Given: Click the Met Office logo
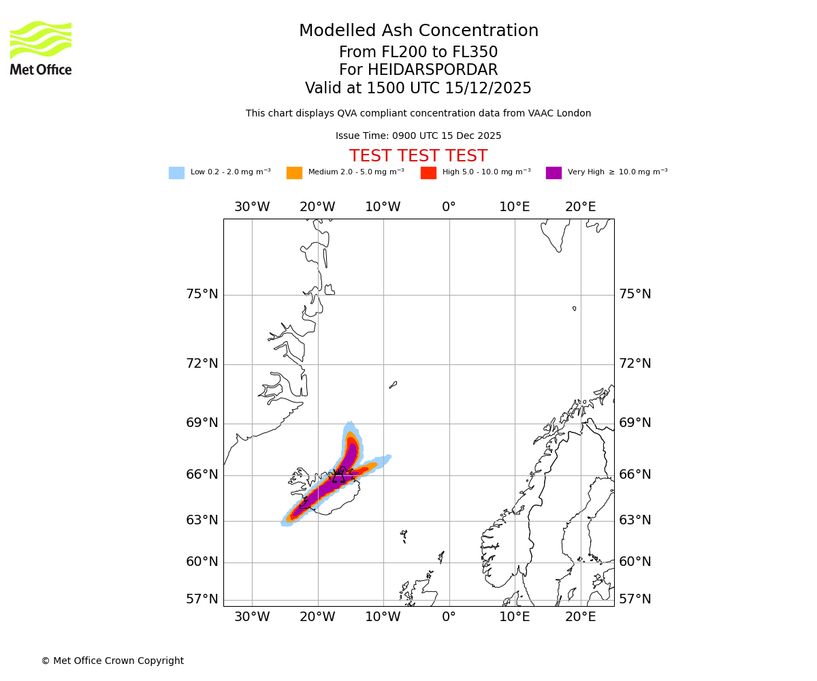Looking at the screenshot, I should coord(41,48).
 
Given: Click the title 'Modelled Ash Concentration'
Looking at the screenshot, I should coord(418,31).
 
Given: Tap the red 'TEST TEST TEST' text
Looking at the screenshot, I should coord(418,157).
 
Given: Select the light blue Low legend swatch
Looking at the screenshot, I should coord(176,173).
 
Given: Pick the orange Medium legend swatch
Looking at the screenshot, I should coord(294,173).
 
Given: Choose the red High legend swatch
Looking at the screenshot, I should coord(428,173).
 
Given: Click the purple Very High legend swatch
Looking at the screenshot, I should coord(554,173).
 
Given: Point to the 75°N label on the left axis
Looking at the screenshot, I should coord(202,294).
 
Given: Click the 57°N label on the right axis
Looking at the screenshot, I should coord(635,599).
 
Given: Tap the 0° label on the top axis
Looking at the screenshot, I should coord(449,207).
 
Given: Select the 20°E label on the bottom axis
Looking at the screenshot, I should coord(580,617).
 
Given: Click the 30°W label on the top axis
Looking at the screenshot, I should coord(252,207).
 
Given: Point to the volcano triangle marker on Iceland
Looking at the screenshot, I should coord(338,477).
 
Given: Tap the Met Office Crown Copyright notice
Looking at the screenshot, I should coord(112,661).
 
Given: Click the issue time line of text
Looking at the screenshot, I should coord(418,136).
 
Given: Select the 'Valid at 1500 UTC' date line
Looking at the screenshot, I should coord(418,89).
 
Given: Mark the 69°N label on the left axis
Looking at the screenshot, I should coord(202,423).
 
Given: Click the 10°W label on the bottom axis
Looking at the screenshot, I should coord(383,617).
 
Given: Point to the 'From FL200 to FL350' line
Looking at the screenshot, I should coord(418,52).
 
